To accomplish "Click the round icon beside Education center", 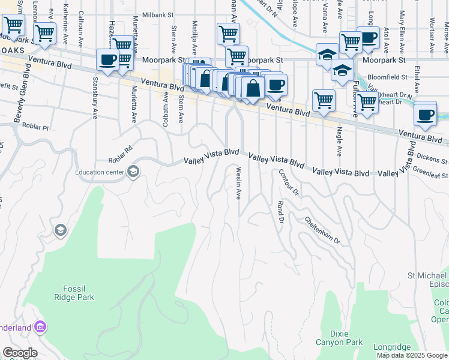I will coord(133,173).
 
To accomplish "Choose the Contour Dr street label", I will coord(288,182).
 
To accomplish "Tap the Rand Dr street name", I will coord(280,212).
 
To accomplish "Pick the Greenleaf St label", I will coord(430,170).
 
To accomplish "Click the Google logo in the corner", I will coord(20,353).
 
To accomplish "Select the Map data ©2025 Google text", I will coord(412,355).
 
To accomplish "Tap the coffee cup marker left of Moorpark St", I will coord(108,60).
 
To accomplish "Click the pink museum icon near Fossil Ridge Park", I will coord(41,328).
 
